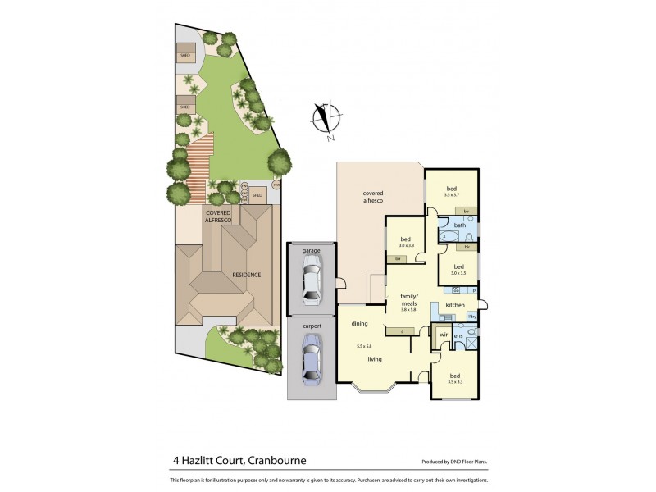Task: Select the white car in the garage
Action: tap(310, 280)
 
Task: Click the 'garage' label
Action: tap(310, 249)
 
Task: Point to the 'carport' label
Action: tap(310, 326)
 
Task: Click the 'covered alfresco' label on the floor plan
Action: tap(374, 197)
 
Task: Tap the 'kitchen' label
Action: tap(455, 306)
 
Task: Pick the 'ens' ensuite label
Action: tap(459, 336)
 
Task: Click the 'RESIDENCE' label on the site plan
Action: tap(246, 275)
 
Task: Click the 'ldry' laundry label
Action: tap(472, 317)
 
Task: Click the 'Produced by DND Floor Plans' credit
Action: tap(453, 462)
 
